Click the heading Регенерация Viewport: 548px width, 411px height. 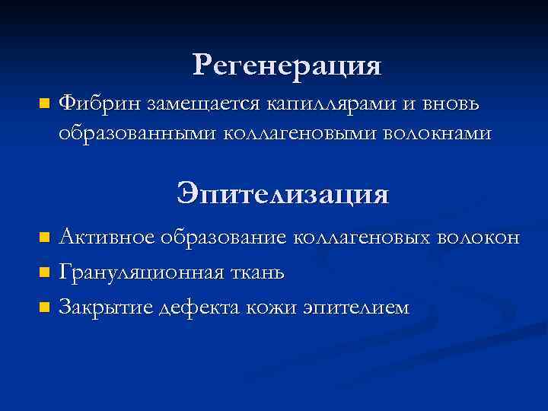tap(287, 65)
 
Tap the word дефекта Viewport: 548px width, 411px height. tap(199, 307)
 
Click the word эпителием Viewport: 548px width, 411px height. tap(355, 307)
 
